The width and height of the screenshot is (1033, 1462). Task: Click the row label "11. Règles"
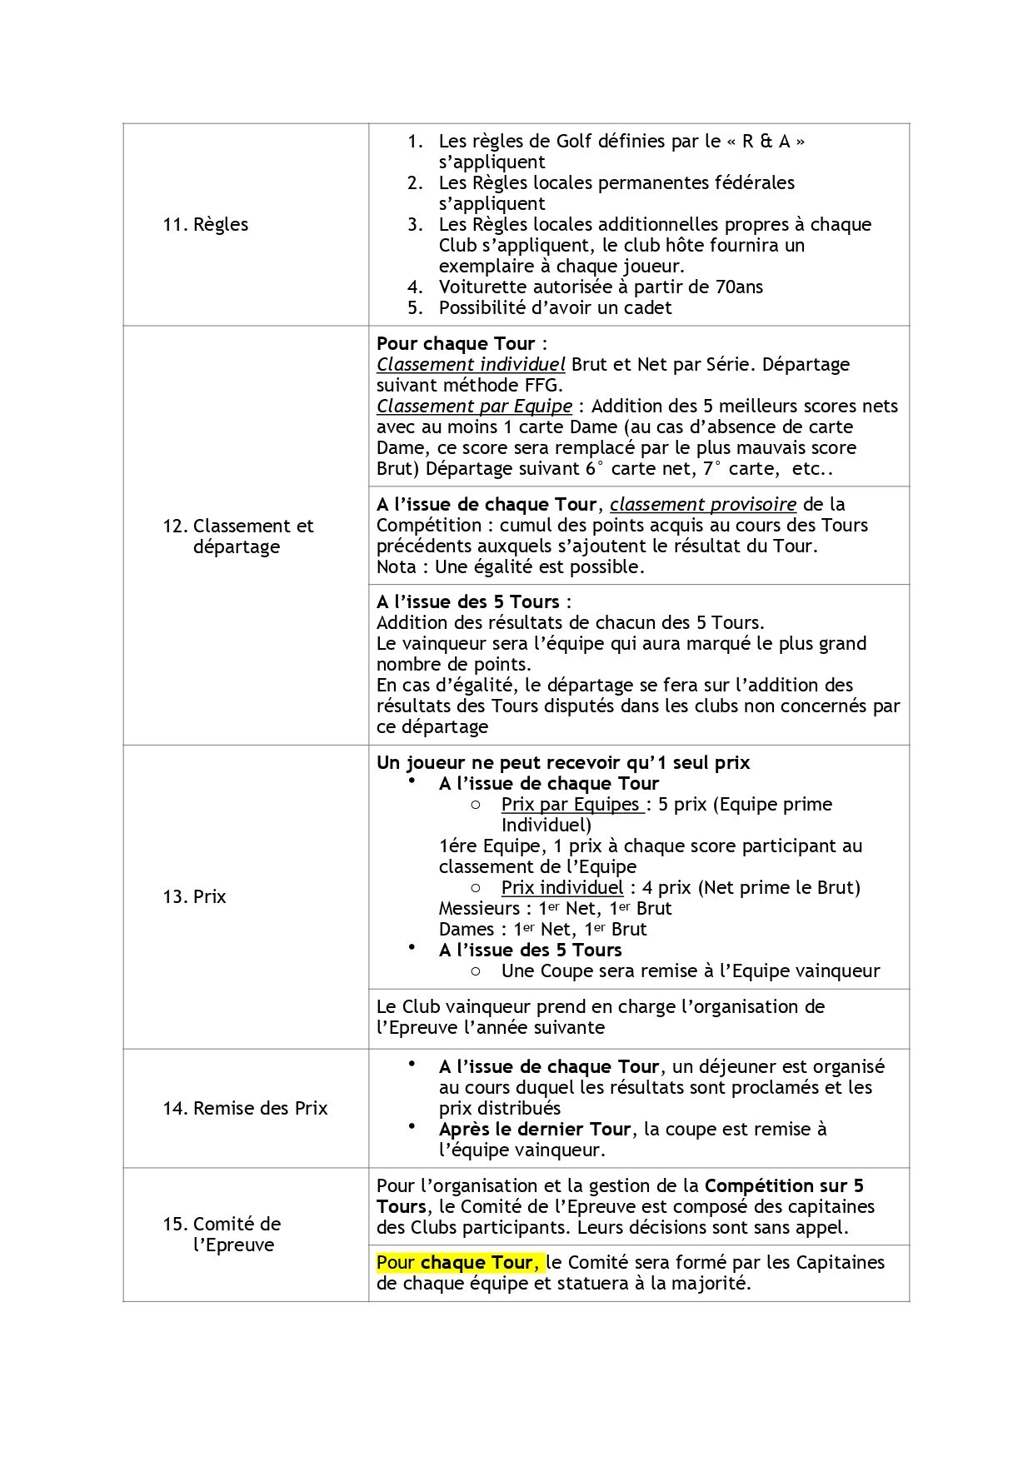[x=205, y=224]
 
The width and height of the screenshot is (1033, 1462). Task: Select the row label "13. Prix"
[x=194, y=896]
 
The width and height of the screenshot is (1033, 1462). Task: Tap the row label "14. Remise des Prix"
[x=245, y=1108]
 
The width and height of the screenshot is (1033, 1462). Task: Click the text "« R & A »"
[x=766, y=141]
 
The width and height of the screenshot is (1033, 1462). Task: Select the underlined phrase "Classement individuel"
[x=471, y=364]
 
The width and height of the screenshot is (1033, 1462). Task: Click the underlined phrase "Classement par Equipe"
[x=474, y=406]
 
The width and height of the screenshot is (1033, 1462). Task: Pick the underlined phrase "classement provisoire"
[x=703, y=504]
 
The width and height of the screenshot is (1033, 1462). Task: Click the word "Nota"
[x=396, y=566]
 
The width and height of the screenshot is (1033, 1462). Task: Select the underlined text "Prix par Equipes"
[x=572, y=804]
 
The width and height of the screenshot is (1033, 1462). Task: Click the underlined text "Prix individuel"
[x=562, y=887]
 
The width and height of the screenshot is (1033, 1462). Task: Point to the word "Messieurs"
[x=479, y=908]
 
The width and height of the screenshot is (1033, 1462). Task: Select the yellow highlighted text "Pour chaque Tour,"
[x=458, y=1262]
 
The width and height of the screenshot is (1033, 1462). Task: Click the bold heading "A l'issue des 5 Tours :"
[x=473, y=601]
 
